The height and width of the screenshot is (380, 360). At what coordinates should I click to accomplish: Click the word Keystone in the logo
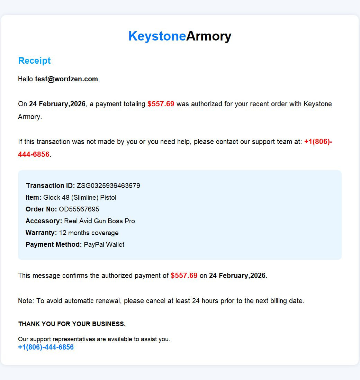[x=157, y=36]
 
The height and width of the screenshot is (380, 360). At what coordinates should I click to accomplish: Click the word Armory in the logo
[x=209, y=36]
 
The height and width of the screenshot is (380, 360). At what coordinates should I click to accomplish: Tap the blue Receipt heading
[x=34, y=61]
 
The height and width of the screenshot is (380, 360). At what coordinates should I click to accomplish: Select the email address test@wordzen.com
[x=66, y=79]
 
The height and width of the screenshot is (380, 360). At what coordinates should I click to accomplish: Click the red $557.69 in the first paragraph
[x=161, y=104]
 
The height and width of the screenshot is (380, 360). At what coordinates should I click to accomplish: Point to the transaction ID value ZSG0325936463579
[x=108, y=186]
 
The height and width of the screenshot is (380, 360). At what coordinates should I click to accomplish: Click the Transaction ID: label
[x=50, y=186]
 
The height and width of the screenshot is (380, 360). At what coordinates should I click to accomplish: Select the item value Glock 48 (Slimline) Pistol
[x=80, y=198]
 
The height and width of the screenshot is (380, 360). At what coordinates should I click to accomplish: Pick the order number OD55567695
[x=79, y=209]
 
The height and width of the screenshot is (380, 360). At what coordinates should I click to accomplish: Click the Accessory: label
[x=44, y=221]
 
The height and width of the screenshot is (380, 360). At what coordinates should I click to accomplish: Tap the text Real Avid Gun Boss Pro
[x=99, y=221]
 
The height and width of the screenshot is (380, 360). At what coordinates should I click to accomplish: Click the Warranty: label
[x=41, y=233]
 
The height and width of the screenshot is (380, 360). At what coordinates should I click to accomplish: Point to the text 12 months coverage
[x=89, y=233]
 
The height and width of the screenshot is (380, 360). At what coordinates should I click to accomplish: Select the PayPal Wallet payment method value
[x=104, y=244]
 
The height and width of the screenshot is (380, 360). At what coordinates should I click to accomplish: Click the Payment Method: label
[x=54, y=244]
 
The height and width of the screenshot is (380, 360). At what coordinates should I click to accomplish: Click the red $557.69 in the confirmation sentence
[x=184, y=275]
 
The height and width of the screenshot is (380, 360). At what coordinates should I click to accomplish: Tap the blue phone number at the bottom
[x=46, y=347]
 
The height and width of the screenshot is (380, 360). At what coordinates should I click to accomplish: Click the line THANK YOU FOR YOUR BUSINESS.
[x=72, y=324]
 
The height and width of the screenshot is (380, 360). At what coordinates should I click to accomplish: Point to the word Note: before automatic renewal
[x=26, y=301]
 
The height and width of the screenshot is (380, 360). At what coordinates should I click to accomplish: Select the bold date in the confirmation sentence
[x=237, y=275]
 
